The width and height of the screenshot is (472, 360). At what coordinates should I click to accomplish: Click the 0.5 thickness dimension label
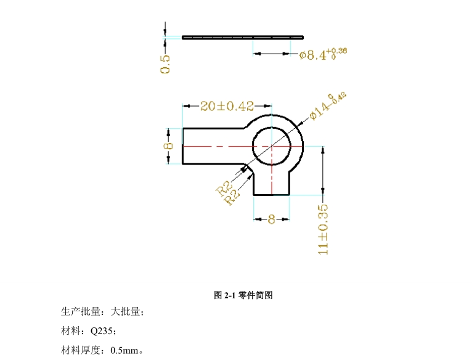[x=165, y=64]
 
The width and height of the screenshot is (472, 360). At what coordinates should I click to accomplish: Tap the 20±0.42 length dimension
[x=227, y=106]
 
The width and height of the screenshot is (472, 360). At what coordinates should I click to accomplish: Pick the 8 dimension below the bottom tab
[x=271, y=218]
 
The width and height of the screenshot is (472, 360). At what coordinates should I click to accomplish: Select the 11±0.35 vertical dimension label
[x=323, y=229]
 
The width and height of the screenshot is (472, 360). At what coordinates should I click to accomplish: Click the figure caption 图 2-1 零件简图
[x=243, y=295]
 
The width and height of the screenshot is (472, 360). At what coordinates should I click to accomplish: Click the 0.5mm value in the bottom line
[x=124, y=351]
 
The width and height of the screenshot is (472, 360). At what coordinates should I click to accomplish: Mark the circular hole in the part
[x=272, y=146]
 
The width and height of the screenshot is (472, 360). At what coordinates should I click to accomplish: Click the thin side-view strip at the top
[x=243, y=37]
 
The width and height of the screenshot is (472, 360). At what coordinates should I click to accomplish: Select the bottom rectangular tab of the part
[x=272, y=182]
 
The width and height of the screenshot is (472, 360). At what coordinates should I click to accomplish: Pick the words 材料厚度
[x=80, y=351]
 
